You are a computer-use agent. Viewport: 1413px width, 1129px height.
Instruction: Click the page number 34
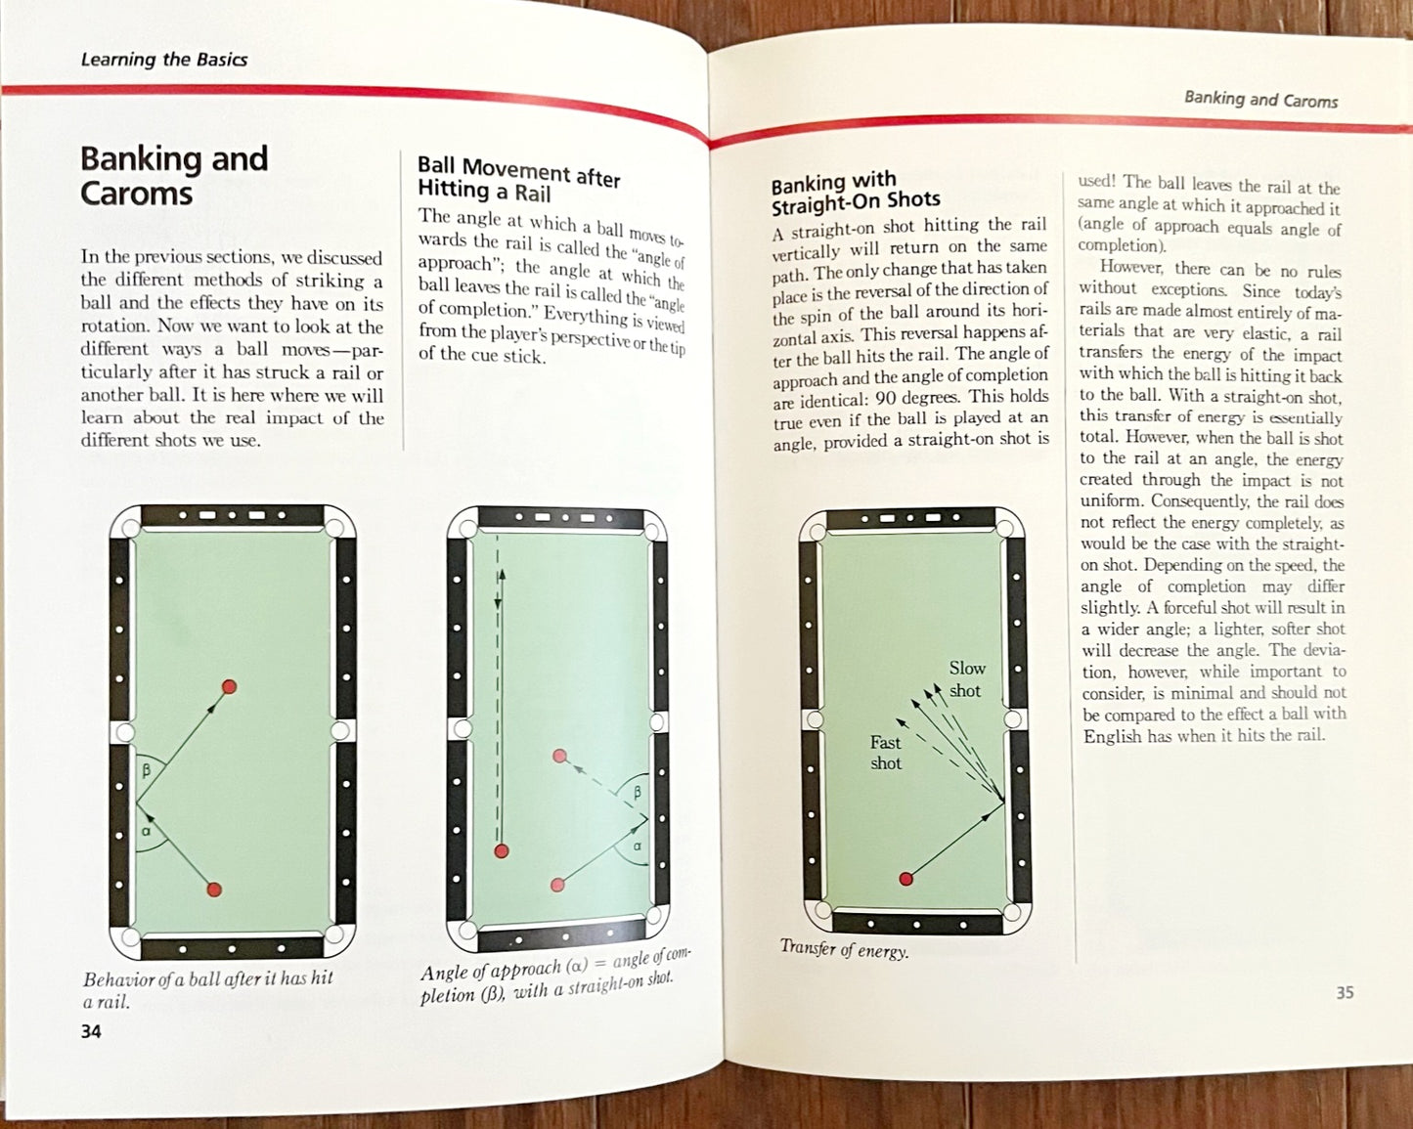(x=91, y=1032)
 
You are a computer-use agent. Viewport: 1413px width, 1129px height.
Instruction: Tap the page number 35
(x=1345, y=992)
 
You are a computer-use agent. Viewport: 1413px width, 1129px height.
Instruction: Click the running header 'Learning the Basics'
(x=164, y=60)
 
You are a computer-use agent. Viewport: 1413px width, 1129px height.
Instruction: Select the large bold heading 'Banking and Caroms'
(x=175, y=175)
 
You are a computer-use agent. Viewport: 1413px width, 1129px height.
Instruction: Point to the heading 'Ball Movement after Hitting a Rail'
(x=518, y=179)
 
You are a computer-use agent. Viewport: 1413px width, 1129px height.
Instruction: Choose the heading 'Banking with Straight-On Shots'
(x=856, y=193)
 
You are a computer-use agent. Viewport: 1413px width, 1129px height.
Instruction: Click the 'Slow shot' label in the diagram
(x=966, y=678)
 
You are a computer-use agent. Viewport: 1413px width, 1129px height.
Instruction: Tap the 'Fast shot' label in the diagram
(x=886, y=753)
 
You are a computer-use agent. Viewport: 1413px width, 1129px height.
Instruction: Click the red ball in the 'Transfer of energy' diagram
(x=906, y=878)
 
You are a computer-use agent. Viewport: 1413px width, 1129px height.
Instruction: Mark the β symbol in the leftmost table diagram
(x=147, y=768)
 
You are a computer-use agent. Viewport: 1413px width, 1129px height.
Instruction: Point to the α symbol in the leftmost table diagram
(x=147, y=831)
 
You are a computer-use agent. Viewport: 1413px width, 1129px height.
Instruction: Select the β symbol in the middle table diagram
(x=637, y=793)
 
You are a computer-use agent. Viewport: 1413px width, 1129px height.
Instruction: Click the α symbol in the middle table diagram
(x=637, y=847)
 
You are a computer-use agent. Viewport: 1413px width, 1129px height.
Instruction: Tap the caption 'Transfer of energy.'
(x=845, y=948)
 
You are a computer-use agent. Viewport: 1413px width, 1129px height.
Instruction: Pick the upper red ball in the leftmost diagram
(x=229, y=686)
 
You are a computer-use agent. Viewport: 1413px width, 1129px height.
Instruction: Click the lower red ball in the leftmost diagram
(x=214, y=890)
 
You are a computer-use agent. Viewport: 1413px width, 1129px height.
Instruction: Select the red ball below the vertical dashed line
(x=501, y=851)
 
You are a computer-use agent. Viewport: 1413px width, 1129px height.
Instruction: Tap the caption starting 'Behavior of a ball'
(x=208, y=990)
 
